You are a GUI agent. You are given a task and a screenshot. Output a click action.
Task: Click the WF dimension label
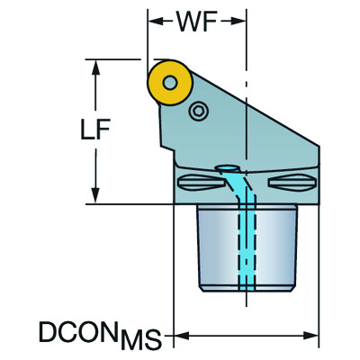(x=197, y=22)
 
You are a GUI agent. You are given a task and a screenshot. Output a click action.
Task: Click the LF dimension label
(x=95, y=130)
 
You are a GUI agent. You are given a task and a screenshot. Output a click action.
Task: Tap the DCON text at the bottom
(x=78, y=331)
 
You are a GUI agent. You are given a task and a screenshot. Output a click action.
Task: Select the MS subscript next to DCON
(x=140, y=340)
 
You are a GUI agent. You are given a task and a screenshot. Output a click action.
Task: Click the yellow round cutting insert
(x=170, y=83)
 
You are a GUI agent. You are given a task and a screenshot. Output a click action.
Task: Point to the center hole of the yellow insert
(x=170, y=83)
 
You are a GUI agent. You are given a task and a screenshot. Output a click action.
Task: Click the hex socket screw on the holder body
(x=198, y=112)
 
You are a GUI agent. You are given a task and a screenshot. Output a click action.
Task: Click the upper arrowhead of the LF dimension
(x=95, y=67)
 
